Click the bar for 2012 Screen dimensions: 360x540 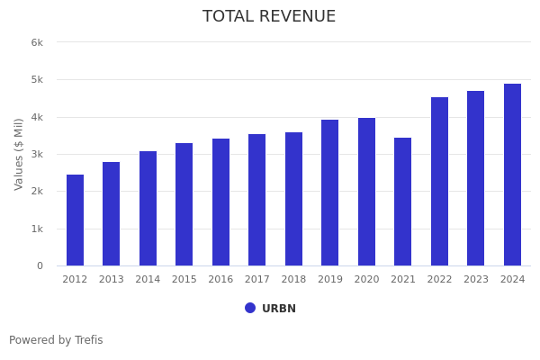tap(75, 220)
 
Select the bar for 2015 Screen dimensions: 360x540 tap(184, 204)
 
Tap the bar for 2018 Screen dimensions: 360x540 tap(293, 199)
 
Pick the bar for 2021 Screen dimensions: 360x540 tap(403, 202)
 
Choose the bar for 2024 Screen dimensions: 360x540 tap(512, 175)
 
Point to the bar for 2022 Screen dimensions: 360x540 tap(439, 182)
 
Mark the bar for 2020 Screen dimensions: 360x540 tap(366, 192)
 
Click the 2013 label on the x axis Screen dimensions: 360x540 tap(112, 280)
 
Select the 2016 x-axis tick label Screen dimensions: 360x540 tap(220, 280)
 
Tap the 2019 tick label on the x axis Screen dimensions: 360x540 tap(330, 280)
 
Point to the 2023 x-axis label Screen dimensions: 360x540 tap(476, 280)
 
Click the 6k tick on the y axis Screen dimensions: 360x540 tap(37, 42)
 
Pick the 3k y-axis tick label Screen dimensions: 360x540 tap(37, 155)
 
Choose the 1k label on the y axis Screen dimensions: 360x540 tap(37, 229)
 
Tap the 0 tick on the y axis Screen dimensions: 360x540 tap(40, 266)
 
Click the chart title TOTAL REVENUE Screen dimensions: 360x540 tap(269, 17)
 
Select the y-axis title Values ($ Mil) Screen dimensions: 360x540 tap(19, 154)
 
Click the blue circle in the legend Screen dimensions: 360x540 tap(250, 308)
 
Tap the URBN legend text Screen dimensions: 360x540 tap(279, 309)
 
